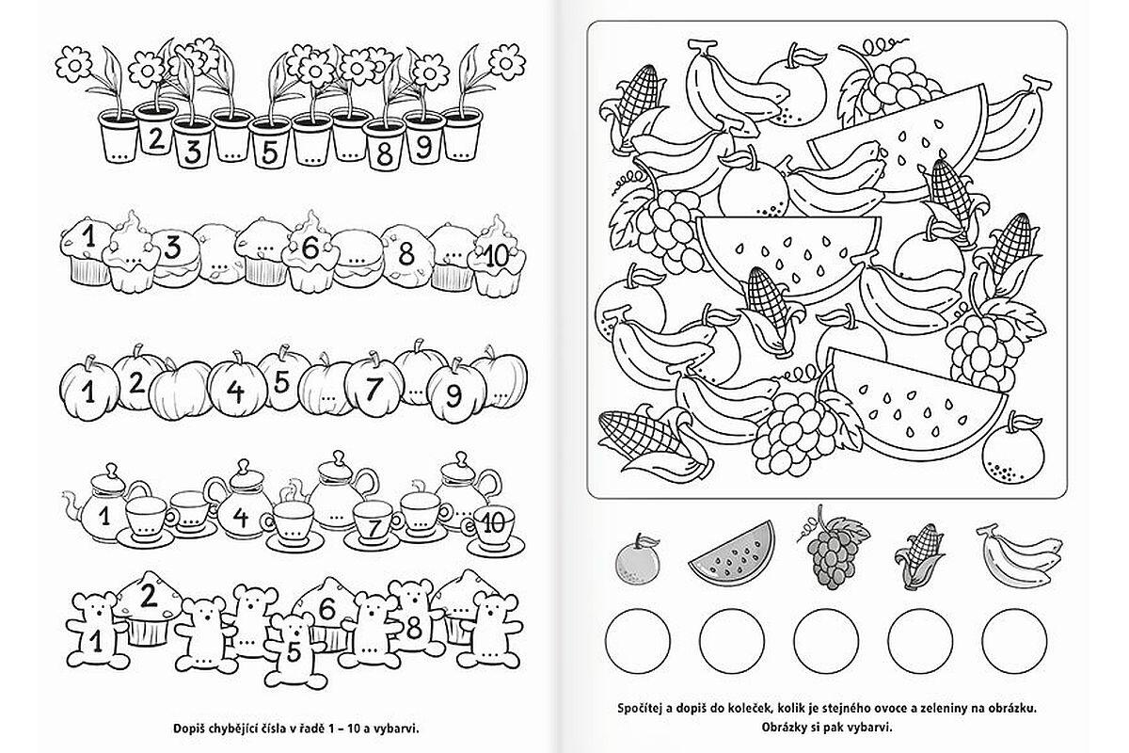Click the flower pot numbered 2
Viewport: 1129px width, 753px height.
coord(155,130)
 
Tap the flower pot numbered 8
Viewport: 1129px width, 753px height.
coord(384,145)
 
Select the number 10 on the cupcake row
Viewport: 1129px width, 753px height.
coord(496,256)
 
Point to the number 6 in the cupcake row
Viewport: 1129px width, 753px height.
coord(310,248)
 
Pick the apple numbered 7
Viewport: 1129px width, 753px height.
coord(374,386)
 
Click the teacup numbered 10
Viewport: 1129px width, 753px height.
coord(494,532)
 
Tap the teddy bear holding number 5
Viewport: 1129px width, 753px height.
coord(294,650)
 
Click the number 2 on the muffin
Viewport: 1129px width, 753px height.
coord(149,596)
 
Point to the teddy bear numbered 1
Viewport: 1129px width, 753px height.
coord(97,631)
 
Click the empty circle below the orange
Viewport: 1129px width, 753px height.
coord(638,642)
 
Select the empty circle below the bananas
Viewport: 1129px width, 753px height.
coord(1014,642)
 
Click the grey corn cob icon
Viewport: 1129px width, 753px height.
coord(919,556)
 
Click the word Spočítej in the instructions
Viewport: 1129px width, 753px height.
coord(642,709)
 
